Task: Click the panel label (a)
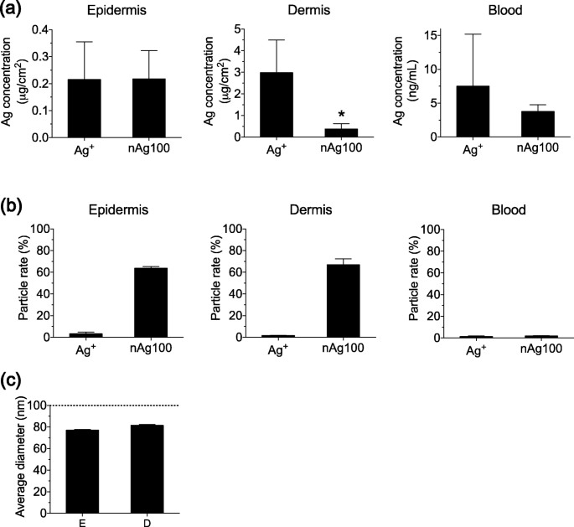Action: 16,12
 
